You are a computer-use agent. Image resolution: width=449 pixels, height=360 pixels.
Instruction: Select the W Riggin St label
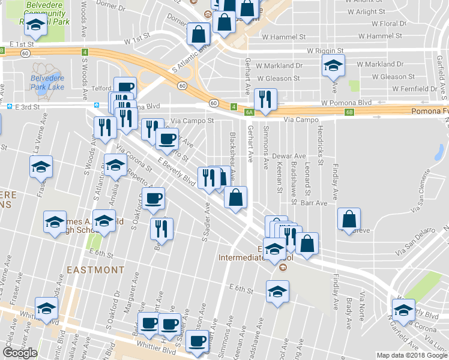pos(325,52)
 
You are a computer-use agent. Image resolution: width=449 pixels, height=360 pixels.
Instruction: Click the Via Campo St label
pos(192,120)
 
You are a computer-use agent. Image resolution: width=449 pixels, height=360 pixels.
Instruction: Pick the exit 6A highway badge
pos(249,112)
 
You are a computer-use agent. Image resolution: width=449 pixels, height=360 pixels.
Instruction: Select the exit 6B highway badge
pos(349,112)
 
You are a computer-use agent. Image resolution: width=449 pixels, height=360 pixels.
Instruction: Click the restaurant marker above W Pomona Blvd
pos(265,99)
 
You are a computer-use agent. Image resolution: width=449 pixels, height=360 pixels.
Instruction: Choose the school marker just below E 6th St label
pos(277,292)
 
